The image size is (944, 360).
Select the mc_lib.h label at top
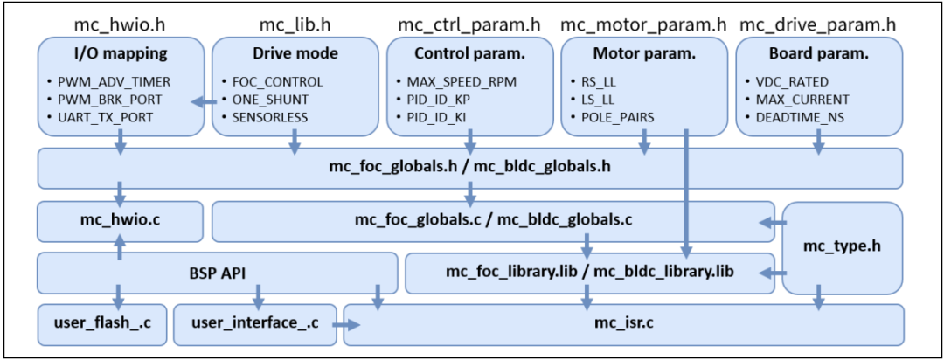(x=294, y=22)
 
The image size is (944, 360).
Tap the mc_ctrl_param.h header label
(x=468, y=22)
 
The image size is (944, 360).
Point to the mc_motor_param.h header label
(x=643, y=22)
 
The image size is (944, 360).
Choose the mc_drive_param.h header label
(x=819, y=22)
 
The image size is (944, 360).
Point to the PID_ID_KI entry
(x=447, y=117)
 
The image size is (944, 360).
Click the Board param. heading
(x=819, y=54)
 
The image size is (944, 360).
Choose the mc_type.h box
(x=842, y=248)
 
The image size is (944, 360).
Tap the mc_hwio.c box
(x=119, y=221)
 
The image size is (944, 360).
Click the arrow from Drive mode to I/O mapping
(x=204, y=101)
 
